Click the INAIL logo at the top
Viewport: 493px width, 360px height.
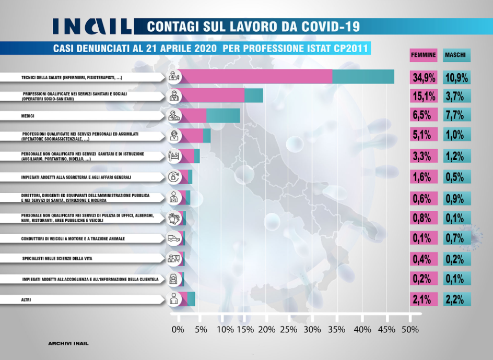click(92, 26)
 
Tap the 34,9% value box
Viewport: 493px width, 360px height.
click(423, 78)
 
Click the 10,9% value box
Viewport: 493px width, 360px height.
click(456, 78)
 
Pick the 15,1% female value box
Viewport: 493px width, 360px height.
click(423, 96)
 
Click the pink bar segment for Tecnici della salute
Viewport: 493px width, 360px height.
click(256, 76)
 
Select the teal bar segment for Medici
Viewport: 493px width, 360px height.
click(223, 116)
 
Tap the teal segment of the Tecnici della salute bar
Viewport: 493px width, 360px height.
click(363, 76)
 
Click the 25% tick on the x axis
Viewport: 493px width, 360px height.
click(289, 330)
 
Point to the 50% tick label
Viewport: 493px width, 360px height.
click(410, 330)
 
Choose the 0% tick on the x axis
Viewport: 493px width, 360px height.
click(178, 330)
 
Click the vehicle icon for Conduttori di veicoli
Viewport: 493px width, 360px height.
click(174, 238)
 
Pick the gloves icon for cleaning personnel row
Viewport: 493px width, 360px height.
click(174, 219)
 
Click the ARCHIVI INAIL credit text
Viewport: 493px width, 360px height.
click(68, 344)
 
